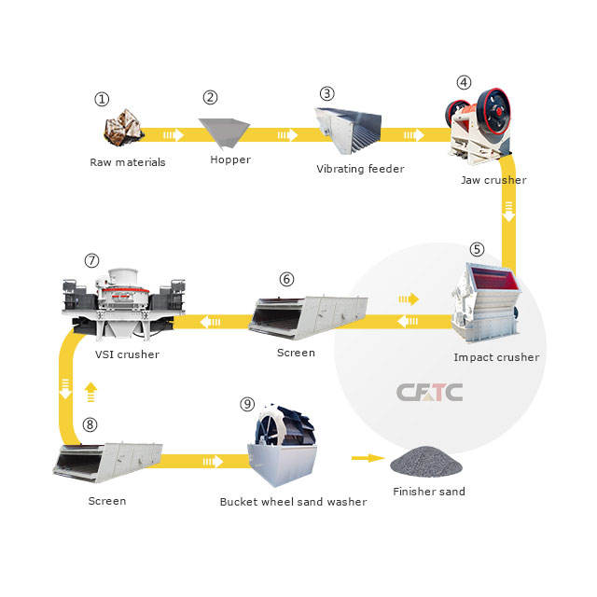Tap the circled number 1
(x=103, y=99)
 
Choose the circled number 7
(x=91, y=260)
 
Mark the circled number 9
(x=246, y=404)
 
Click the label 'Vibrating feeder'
(x=360, y=169)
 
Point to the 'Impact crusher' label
(x=495, y=357)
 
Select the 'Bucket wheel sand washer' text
(x=293, y=502)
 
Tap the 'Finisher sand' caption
(x=428, y=492)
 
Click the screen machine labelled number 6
(x=308, y=314)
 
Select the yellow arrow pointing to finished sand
(x=368, y=458)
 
